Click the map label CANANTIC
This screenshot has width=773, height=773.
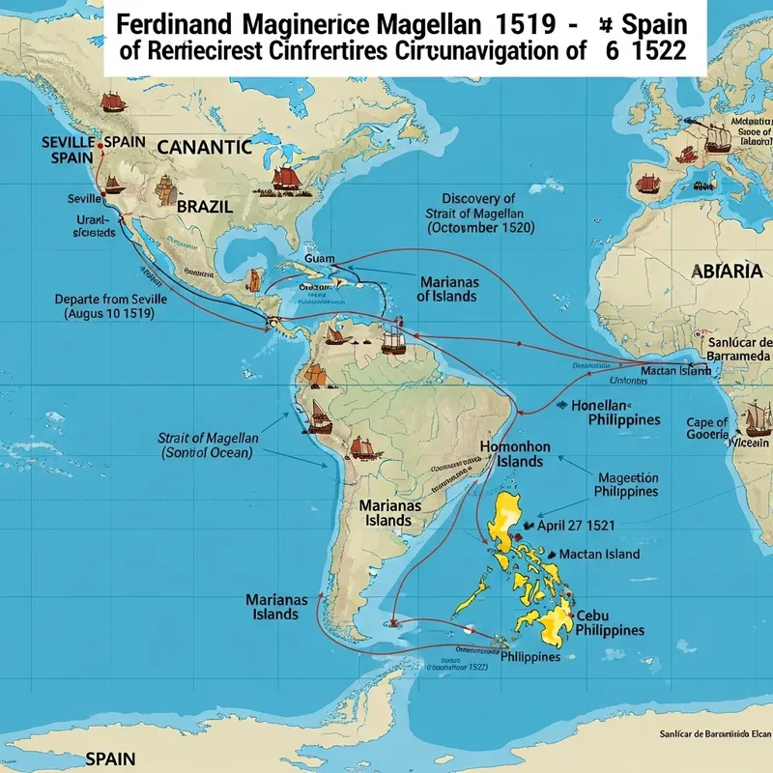(x=204, y=148)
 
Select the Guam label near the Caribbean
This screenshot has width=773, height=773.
(x=319, y=259)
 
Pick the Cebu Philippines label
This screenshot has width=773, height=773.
(x=608, y=622)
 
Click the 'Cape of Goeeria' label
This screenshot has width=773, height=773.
(x=707, y=428)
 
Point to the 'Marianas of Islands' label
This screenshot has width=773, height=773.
(x=446, y=288)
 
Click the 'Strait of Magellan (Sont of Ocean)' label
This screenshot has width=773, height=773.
(x=207, y=444)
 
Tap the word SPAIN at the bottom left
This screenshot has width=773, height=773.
(x=110, y=759)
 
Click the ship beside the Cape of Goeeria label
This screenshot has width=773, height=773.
(x=756, y=418)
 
